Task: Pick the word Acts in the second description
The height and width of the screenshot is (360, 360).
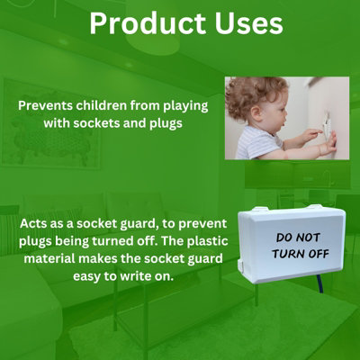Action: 34,222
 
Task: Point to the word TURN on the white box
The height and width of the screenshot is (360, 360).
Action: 289,254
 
